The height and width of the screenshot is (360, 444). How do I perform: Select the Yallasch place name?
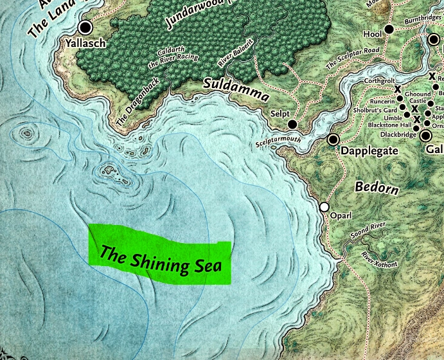click(x=84, y=43)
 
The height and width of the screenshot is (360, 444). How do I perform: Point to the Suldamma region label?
click(x=236, y=89)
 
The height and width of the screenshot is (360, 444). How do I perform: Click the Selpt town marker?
click(x=292, y=124)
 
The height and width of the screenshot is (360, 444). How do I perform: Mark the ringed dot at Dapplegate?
click(x=333, y=139)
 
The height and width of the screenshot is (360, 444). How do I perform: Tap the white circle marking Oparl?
click(x=324, y=207)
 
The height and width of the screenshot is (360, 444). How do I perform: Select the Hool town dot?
click(x=388, y=30)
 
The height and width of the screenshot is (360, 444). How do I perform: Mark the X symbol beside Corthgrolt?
click(x=398, y=89)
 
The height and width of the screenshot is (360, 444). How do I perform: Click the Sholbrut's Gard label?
click(x=378, y=109)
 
